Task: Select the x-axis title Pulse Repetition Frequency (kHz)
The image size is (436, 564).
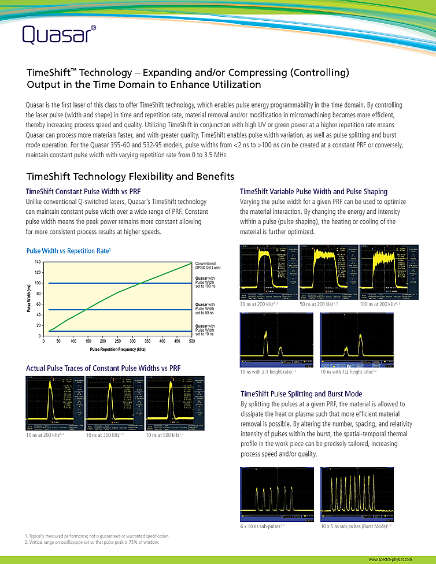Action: pos(118,350)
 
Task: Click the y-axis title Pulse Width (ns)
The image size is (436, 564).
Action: pos(29,299)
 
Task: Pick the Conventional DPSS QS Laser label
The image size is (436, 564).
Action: pos(208,265)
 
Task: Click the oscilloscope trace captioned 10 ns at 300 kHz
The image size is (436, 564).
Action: pos(113,403)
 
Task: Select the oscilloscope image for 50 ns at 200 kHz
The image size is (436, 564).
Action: pos(327,272)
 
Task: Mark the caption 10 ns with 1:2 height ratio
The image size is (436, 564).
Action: pos(349,372)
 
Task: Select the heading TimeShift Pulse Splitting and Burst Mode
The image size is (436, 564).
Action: pos(309,394)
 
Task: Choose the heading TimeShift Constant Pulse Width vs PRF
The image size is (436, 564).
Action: pos(84,191)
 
